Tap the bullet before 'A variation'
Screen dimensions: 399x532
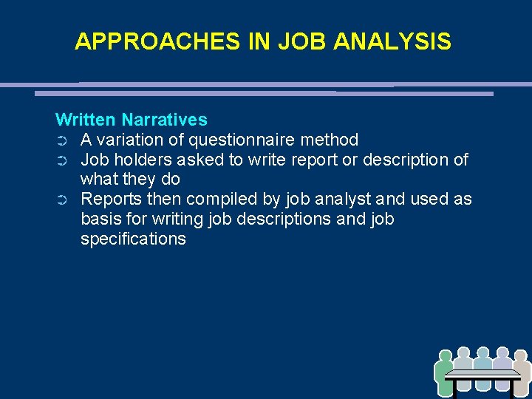tap(62, 140)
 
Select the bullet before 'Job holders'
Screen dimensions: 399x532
tap(62, 160)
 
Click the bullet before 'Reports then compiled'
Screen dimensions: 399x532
tap(62, 200)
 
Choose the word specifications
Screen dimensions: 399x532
tap(133, 239)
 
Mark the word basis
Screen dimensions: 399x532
tap(100, 219)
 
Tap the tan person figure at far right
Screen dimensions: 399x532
tap(521, 369)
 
